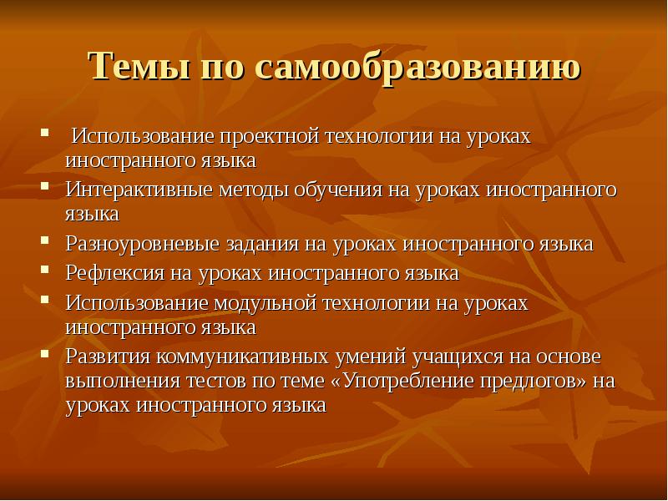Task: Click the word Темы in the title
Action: pyautogui.click(x=137, y=66)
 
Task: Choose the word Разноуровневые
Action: pyautogui.click(x=142, y=245)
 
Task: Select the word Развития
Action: pyautogui.click(x=106, y=357)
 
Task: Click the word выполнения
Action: pyautogui.click(x=118, y=382)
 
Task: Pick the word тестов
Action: pyautogui.click(x=205, y=382)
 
